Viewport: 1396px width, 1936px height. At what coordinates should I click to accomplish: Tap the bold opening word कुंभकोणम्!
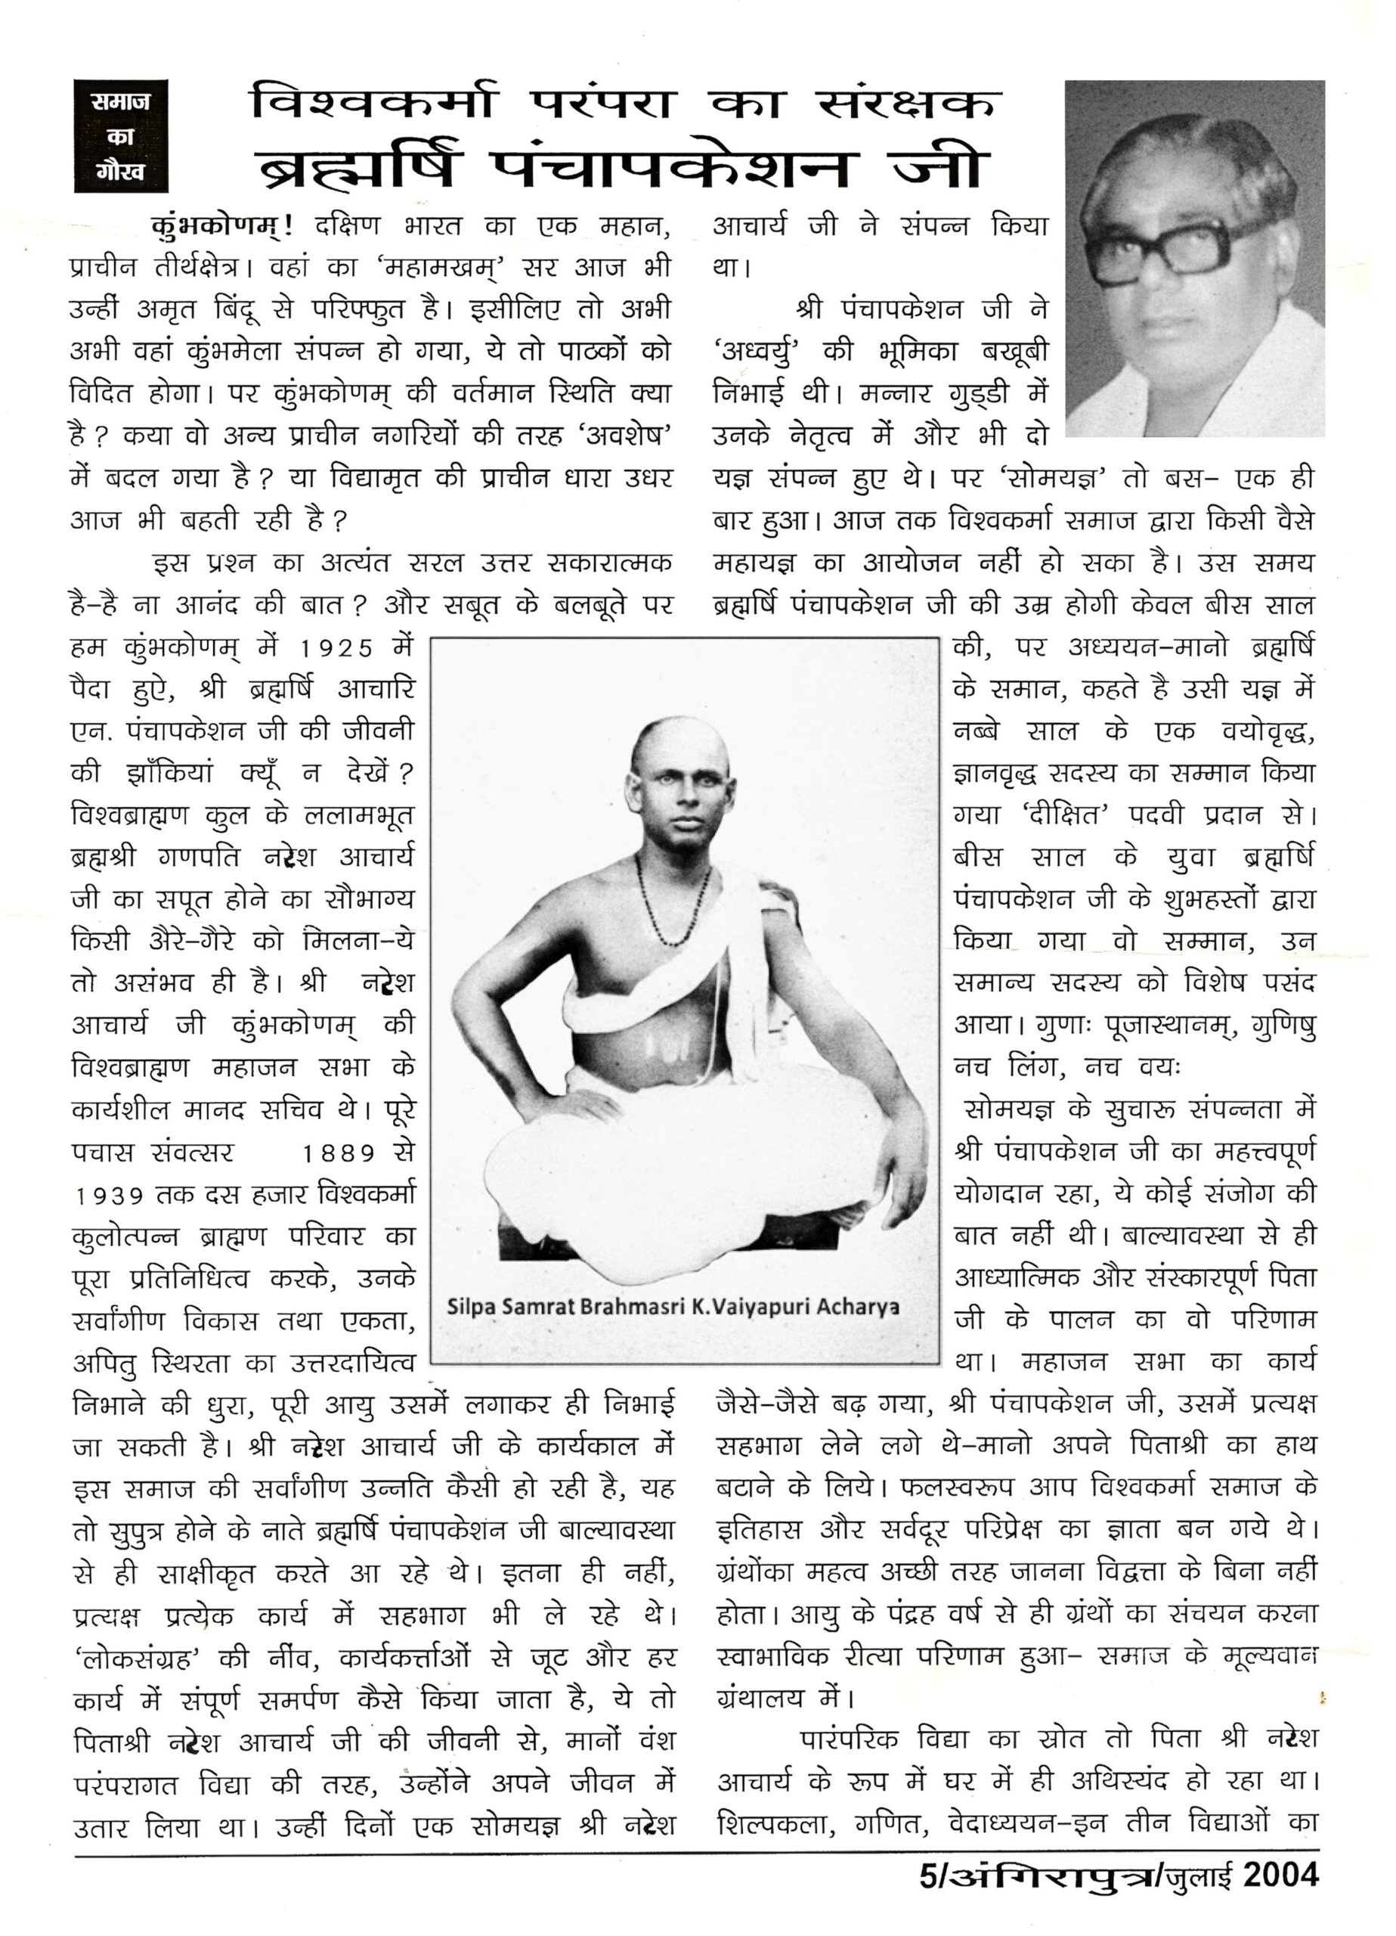(224, 226)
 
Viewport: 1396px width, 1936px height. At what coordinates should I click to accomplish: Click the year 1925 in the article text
(338, 649)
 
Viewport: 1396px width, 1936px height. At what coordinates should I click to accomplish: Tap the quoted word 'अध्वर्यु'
(761, 352)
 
